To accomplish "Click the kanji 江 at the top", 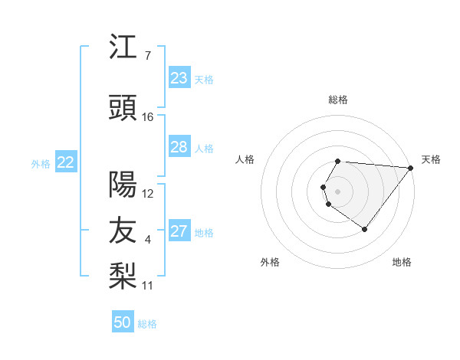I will [123, 47].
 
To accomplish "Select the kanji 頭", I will [123, 109].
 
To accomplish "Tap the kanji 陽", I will [123, 184].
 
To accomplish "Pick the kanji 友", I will [123, 230].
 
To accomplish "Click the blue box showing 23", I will [179, 78].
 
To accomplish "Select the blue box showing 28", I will [179, 147].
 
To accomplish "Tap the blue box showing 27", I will [179, 231].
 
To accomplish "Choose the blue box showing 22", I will [66, 162].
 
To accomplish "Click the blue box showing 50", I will [123, 322].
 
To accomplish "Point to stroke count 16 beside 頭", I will [148, 117].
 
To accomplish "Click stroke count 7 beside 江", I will [148, 56].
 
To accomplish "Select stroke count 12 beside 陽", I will [148, 194].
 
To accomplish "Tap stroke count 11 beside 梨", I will [148, 286].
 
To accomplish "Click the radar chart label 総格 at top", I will [338, 100].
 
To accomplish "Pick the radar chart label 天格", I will [431, 159].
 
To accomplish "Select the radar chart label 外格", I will [270, 262].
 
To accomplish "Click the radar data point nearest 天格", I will [410, 168].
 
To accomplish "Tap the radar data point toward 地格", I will [364, 229].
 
